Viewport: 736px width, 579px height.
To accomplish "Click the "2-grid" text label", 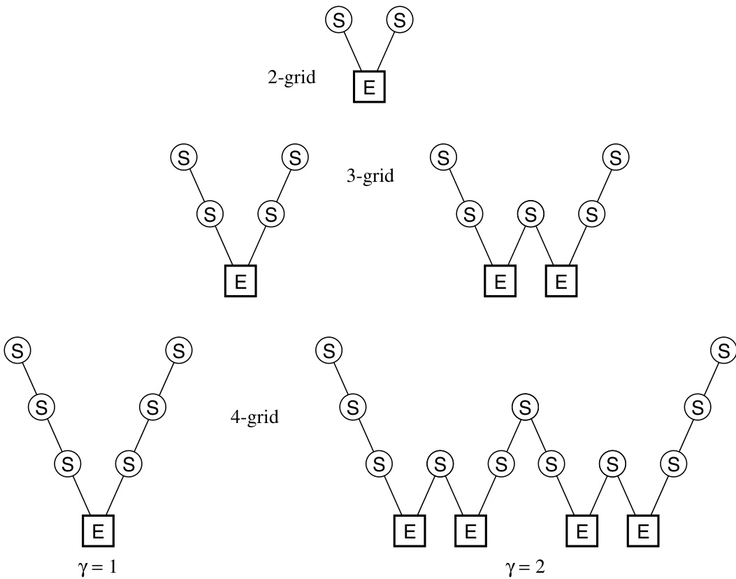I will tap(291, 78).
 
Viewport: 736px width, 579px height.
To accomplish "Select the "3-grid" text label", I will tap(370, 176).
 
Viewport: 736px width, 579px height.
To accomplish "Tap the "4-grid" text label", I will tap(254, 418).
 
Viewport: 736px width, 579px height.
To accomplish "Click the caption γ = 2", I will tap(525, 565).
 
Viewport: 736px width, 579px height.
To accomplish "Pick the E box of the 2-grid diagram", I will tap(370, 87).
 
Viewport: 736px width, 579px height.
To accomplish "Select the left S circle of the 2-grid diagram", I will tap(339, 20).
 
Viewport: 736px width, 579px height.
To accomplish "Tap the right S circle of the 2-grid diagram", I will tap(399, 20).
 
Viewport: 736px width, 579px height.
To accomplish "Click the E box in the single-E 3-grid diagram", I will tap(240, 282).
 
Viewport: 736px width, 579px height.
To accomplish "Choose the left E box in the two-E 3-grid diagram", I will tap(500, 282).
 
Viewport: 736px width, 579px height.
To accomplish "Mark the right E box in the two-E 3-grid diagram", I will tap(561, 282).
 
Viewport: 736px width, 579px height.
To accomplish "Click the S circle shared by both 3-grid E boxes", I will tap(531, 213).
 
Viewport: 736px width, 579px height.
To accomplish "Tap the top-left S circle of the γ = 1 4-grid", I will tap(17, 350).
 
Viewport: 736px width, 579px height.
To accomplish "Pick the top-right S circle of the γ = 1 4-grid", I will tap(179, 350).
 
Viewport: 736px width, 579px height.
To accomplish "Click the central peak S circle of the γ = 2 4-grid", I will tap(525, 406).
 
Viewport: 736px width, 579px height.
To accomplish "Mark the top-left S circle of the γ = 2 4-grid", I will tap(329, 350).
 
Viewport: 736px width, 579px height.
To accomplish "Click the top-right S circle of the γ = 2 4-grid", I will tap(722, 350).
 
